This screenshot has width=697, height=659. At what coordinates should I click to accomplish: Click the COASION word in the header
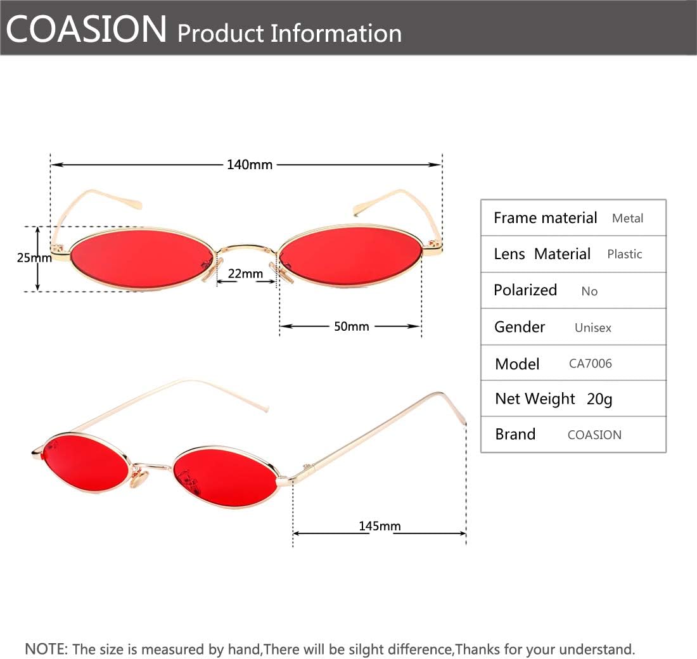tap(87, 29)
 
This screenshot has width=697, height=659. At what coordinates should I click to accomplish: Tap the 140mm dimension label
tap(250, 165)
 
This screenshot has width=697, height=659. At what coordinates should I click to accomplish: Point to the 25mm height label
tap(34, 258)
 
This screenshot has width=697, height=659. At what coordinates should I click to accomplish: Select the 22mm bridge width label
tap(245, 274)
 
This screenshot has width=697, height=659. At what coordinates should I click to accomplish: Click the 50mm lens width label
tap(351, 326)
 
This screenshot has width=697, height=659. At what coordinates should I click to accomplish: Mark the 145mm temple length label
tap(380, 526)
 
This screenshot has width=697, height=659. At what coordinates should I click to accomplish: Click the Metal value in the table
tap(627, 219)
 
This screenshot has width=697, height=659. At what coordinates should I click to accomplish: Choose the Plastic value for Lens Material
tap(624, 254)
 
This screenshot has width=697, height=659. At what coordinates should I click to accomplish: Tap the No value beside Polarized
tap(589, 291)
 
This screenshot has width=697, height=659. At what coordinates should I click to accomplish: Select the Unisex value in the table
tap(592, 328)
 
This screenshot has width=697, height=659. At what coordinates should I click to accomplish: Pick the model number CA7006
tap(590, 364)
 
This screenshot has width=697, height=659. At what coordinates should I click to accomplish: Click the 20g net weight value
tap(599, 399)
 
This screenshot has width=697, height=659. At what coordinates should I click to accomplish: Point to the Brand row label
tap(515, 435)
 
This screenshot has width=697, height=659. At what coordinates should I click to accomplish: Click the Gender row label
tap(520, 327)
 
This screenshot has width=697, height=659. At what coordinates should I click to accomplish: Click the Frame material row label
tap(545, 218)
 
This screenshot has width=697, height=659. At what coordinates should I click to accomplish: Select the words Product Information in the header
tap(290, 33)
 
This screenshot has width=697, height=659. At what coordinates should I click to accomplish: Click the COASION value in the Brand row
tap(594, 435)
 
